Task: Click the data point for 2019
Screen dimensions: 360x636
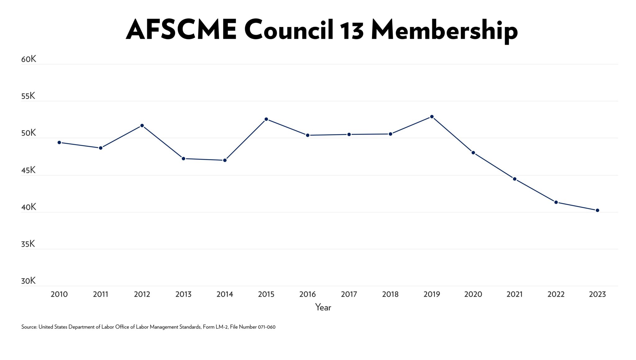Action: pos(432,117)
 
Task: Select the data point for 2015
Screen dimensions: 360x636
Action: pos(266,119)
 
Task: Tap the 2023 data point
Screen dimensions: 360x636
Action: pos(597,210)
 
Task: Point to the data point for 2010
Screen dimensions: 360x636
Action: pos(59,143)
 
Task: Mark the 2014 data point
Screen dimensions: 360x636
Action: pos(225,160)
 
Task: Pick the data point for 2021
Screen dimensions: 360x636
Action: pos(515,179)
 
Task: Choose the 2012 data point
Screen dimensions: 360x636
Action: pos(142,125)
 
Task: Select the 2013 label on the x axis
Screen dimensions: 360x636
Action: pos(183,294)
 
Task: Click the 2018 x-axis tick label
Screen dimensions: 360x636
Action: pos(390,294)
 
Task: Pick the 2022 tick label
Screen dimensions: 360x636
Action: pos(556,294)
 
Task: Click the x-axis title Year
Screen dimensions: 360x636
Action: pos(323,307)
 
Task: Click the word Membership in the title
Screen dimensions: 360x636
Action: pos(444,30)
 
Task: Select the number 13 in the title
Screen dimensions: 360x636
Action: pos(352,30)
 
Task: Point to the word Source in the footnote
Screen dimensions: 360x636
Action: pos(29,327)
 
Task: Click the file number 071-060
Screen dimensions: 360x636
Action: pos(267,327)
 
